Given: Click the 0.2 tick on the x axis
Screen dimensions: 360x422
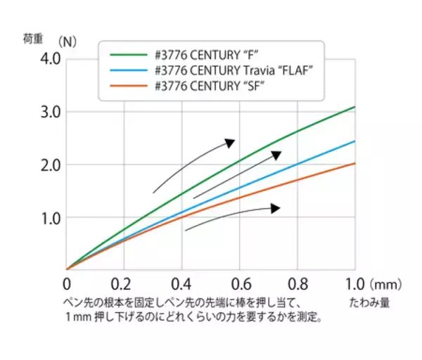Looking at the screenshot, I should coord(124,285).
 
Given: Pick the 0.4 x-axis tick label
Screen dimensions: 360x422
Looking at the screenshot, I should coord(181,285).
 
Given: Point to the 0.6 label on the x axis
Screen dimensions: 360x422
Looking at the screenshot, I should coord(239,285).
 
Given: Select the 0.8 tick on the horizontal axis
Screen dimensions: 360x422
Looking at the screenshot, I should coord(297,285).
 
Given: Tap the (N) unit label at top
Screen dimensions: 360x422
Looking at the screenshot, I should coord(68,39).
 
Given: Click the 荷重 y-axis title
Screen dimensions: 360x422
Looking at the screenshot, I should coord(33,39).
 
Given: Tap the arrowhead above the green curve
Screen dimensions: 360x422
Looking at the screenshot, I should coord(230,143).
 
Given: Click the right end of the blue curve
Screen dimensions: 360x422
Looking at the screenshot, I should coord(354,141).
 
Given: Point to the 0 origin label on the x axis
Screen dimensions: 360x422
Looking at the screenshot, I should coord(66,285).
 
